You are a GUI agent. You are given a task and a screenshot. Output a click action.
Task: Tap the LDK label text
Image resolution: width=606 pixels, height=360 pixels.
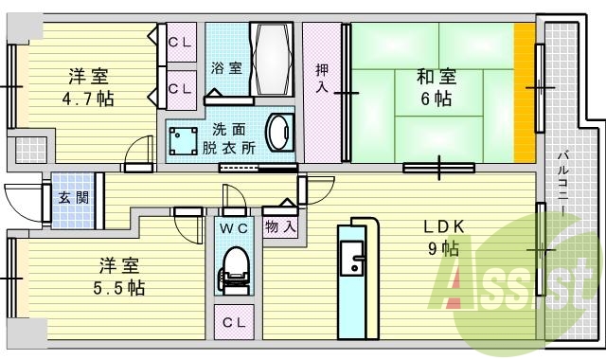(x=443, y=228)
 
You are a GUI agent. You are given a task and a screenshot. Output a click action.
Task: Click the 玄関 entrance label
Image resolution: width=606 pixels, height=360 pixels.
(x=72, y=198)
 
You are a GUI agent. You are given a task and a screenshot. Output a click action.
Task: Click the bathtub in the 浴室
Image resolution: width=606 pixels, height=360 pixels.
(x=275, y=59)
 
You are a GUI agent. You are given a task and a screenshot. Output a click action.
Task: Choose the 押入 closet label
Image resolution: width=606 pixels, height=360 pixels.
(x=322, y=78)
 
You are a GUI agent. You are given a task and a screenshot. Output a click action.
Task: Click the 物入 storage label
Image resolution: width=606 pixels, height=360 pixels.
(x=281, y=227)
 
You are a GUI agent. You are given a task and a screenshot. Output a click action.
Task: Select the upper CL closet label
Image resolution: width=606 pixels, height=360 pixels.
(x=180, y=43)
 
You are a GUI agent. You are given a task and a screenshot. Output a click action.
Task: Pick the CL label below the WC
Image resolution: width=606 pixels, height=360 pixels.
(x=233, y=323)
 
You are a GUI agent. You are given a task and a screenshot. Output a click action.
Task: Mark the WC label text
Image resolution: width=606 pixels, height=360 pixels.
(x=233, y=229)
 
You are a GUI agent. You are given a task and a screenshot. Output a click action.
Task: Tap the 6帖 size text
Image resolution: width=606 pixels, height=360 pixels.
(x=437, y=98)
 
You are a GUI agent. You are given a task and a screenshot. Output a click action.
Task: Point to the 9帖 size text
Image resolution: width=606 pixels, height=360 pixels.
(x=443, y=250)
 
